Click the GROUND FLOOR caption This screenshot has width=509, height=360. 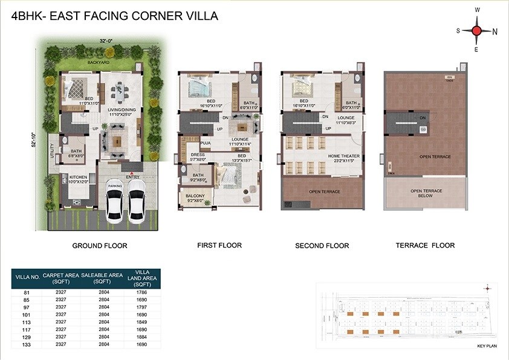point(100,246)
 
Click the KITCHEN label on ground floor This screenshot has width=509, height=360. point(78,176)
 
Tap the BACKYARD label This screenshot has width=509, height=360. point(98,62)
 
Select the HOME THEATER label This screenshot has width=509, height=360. point(344,156)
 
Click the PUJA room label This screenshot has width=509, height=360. point(206,143)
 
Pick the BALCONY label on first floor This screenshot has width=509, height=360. point(195,196)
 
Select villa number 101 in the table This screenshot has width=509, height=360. point(26,314)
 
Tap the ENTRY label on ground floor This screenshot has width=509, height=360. point(132,177)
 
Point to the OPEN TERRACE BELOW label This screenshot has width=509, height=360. point(427,193)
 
